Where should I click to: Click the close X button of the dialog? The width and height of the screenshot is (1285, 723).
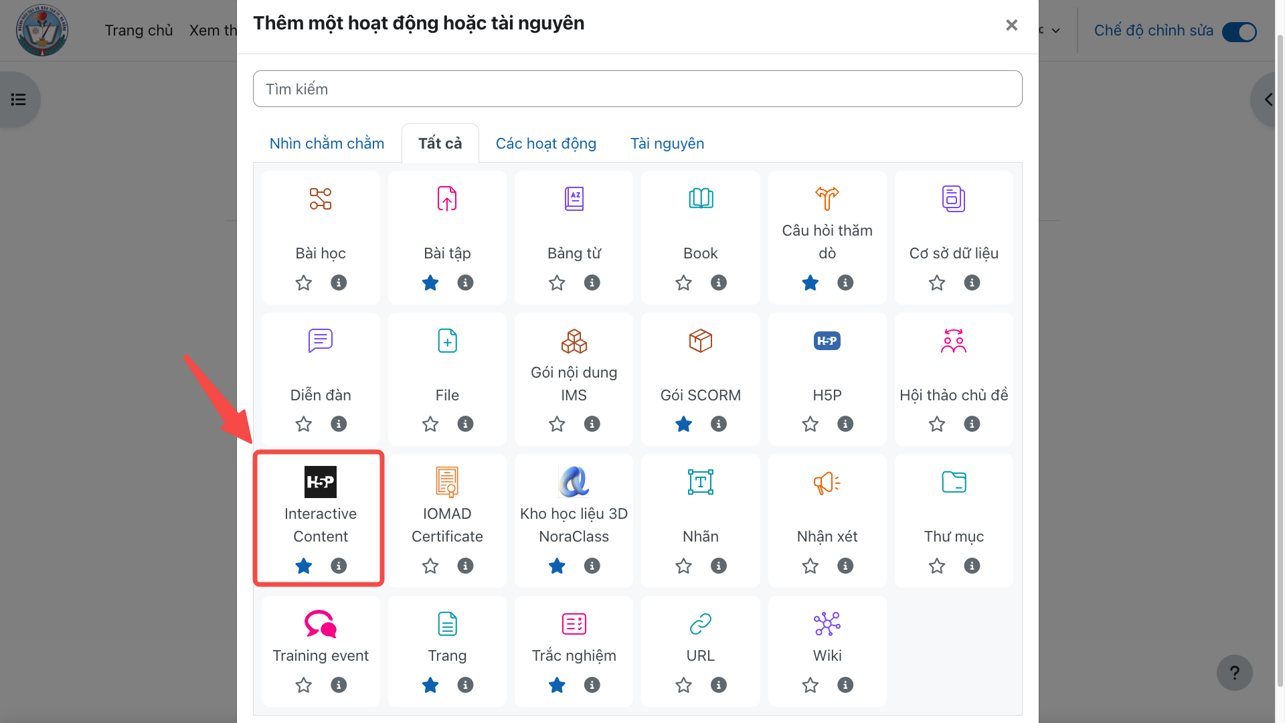1011,25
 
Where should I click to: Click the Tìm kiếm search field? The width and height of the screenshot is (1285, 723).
637,89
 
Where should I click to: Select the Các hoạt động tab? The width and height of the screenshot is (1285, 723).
545,143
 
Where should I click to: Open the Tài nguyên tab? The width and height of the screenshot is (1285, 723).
667,143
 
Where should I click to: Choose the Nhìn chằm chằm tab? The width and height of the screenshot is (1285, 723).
327,143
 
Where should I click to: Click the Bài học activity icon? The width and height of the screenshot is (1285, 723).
321,199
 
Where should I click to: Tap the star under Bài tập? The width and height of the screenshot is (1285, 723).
430,283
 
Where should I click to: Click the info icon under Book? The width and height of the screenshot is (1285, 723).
719,283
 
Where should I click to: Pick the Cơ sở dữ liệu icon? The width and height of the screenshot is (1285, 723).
954,199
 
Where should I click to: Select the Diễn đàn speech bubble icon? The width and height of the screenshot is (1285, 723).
321,341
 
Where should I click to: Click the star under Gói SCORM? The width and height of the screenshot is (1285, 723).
683,424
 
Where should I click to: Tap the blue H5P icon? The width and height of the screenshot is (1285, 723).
827,341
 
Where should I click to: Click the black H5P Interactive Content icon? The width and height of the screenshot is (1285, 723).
321,482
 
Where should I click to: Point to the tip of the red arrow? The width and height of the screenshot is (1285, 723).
252,443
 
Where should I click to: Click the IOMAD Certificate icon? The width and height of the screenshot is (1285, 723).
447,482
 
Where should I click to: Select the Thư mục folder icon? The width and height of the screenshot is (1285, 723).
954,482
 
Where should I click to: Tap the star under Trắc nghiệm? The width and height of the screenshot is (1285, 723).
557,685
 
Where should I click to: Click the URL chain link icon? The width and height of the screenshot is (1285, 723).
701,624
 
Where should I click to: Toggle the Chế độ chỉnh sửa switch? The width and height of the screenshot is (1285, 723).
1239,31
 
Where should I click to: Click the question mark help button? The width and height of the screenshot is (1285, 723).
1235,673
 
